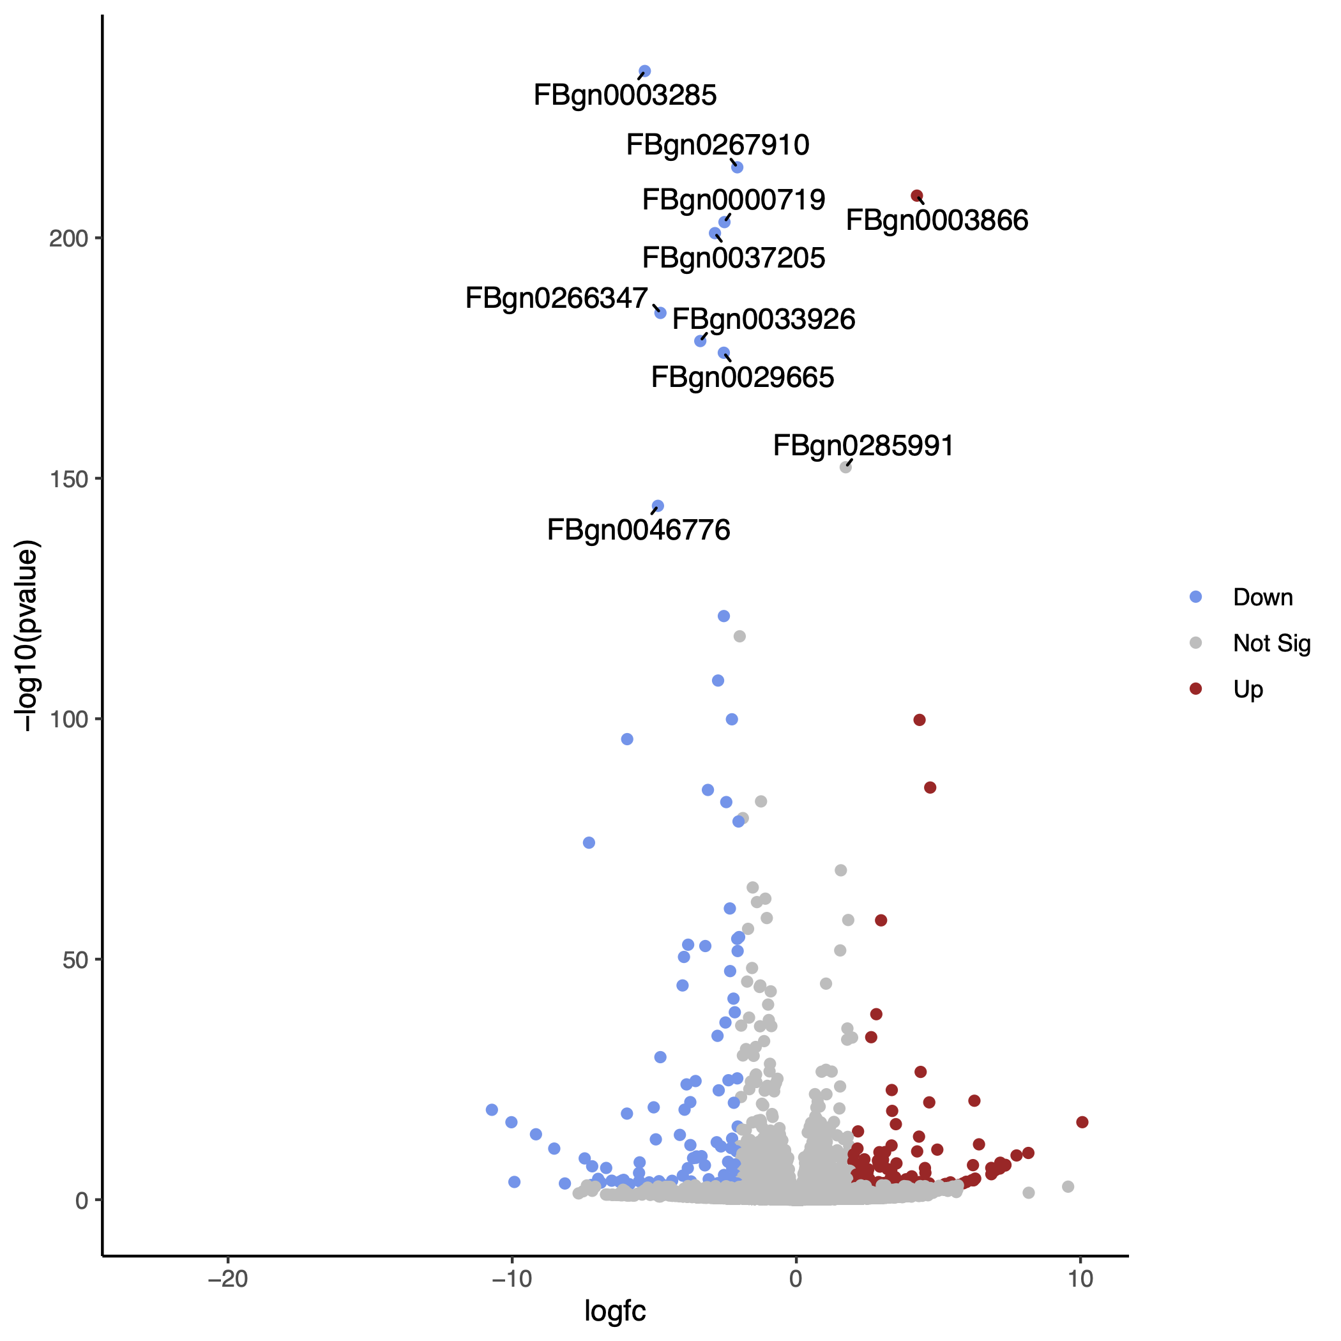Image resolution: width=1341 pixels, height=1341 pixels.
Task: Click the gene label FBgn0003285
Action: tap(625, 95)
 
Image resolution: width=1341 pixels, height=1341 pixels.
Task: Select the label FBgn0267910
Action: tap(718, 145)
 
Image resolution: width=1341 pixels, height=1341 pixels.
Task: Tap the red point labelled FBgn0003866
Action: tap(916, 196)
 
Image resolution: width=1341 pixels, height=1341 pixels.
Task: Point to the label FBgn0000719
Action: tap(734, 200)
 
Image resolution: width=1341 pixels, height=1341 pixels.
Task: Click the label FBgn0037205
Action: tap(734, 258)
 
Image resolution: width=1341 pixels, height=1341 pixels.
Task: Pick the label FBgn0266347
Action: tap(557, 298)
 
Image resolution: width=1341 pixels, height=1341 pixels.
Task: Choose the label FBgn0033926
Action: tap(764, 319)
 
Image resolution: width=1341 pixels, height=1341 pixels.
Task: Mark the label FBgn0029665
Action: tap(743, 377)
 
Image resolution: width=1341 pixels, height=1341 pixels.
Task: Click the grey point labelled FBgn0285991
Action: tap(845, 467)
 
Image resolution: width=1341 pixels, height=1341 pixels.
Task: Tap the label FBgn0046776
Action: tap(639, 530)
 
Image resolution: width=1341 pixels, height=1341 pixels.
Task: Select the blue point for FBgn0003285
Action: tap(644, 72)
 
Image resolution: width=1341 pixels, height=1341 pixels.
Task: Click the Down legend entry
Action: tap(1262, 598)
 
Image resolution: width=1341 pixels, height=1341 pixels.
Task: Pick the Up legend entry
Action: tap(1248, 689)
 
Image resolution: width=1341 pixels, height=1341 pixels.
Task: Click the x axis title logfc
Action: tap(615, 1311)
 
